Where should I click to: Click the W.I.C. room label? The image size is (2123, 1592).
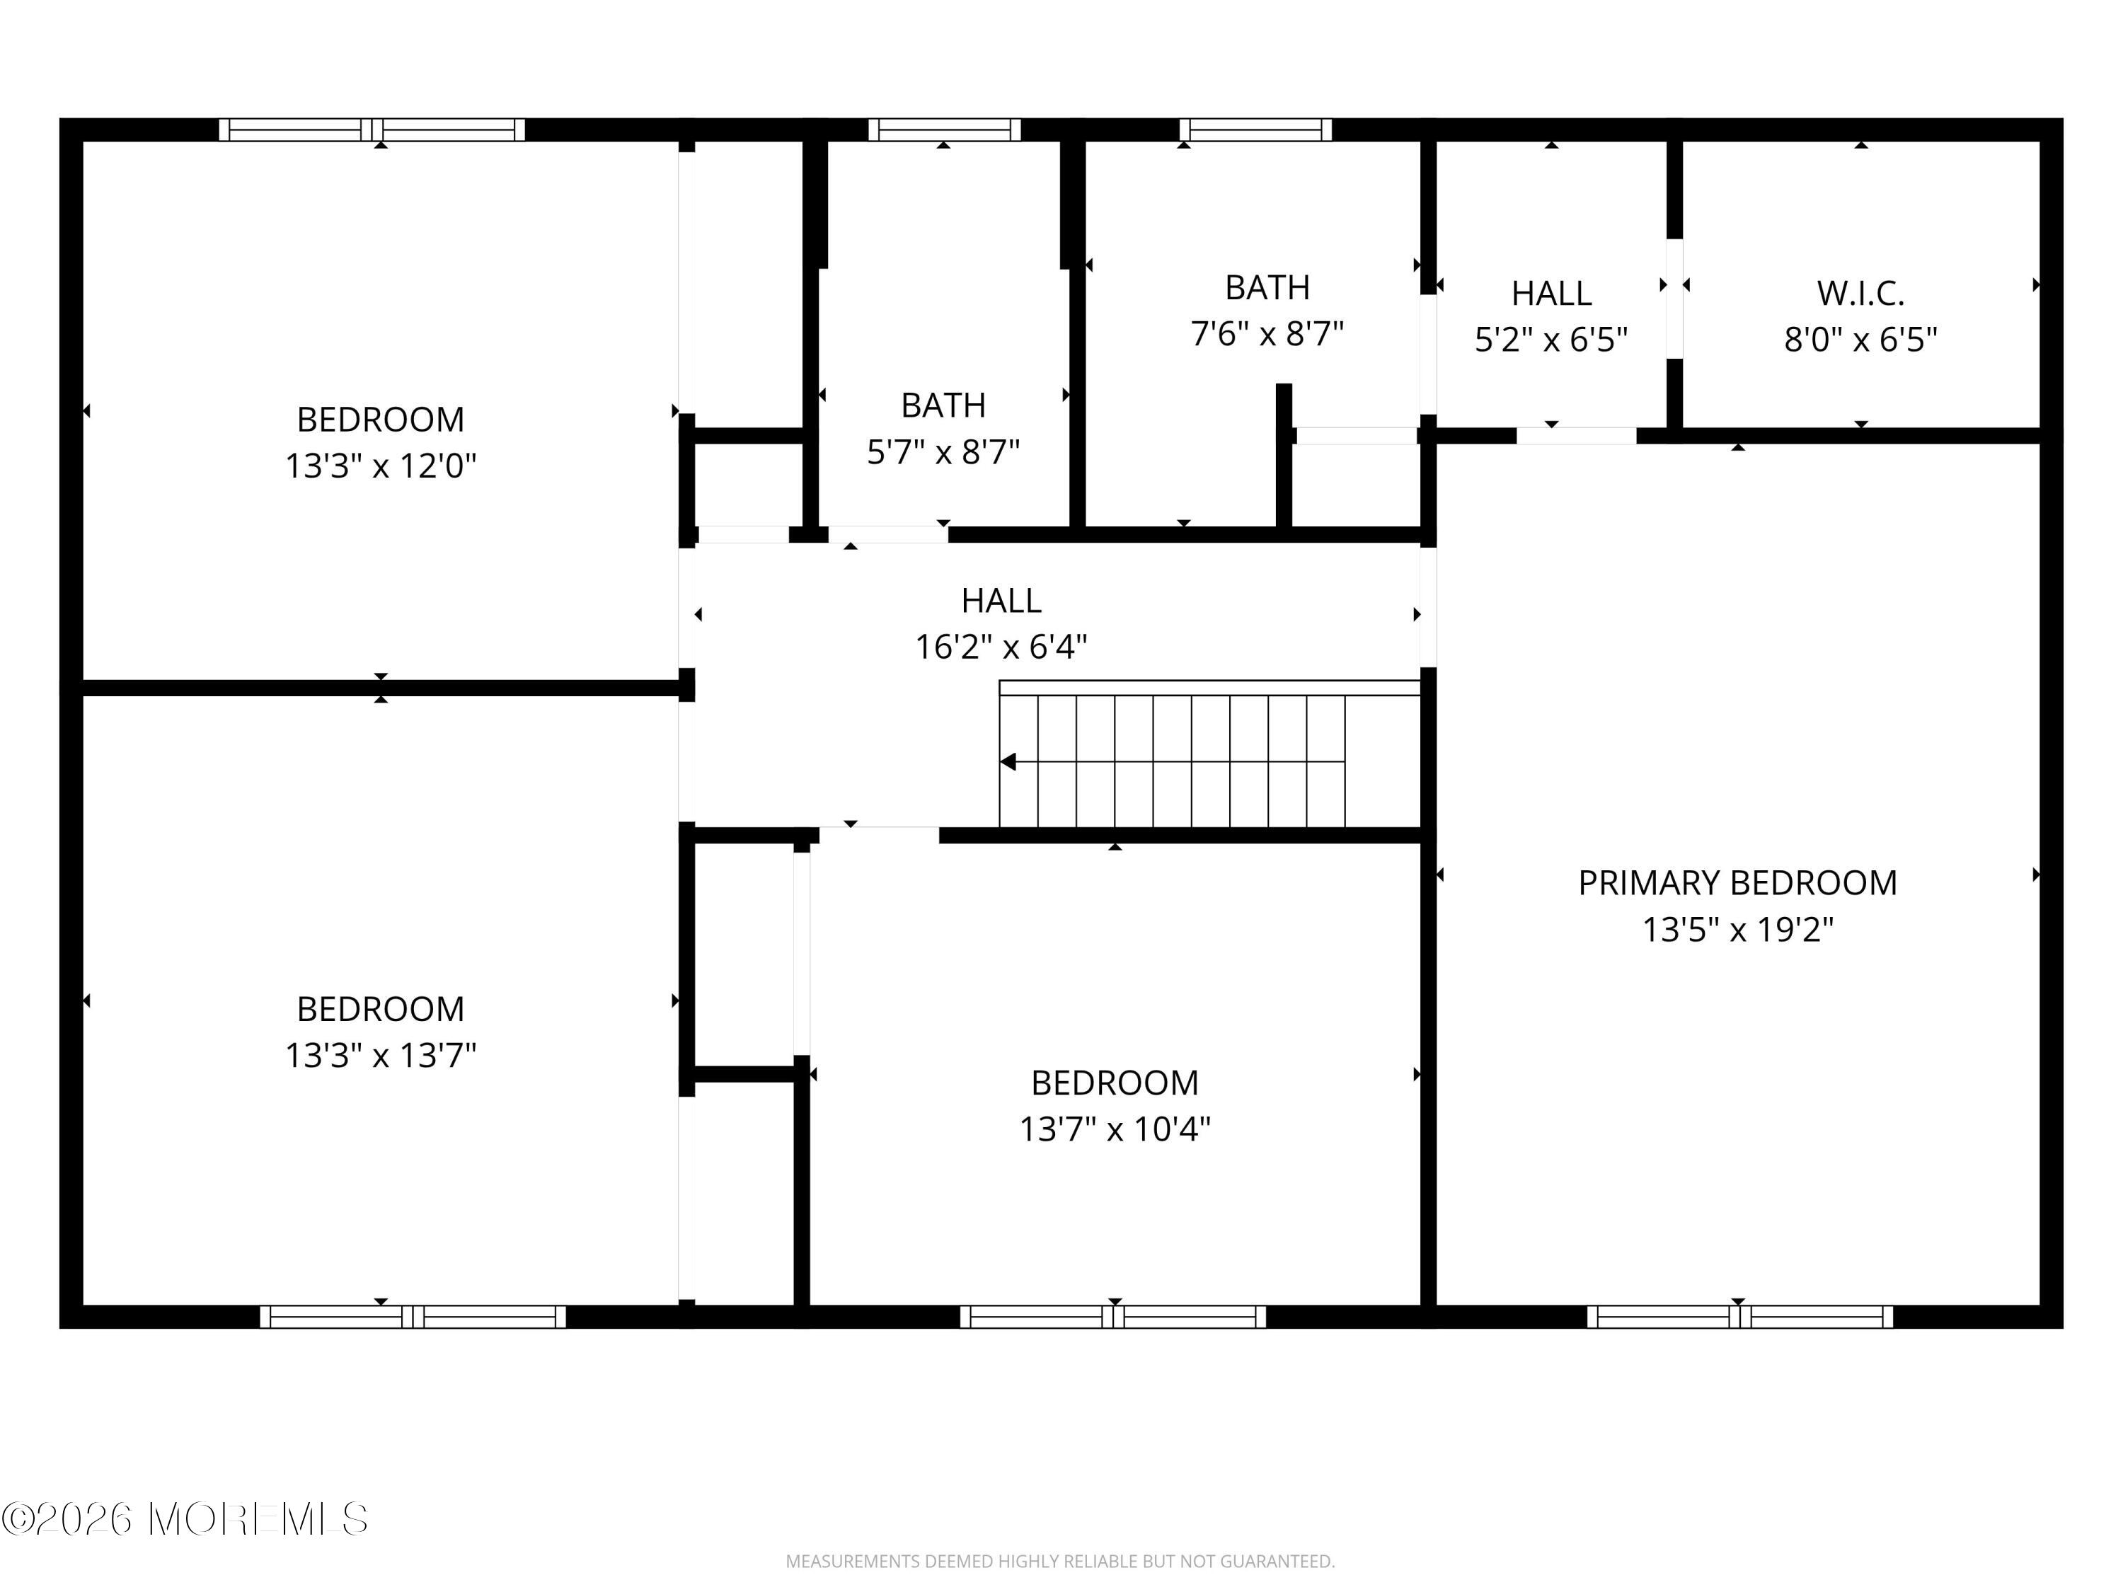pos(1860,294)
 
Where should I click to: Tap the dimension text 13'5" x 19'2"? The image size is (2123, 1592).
pos(1737,930)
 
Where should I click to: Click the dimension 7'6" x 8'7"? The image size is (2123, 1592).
pos(1267,334)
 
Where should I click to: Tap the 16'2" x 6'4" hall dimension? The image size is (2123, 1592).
pos(1001,647)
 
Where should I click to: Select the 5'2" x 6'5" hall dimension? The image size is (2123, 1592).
pos(1551,340)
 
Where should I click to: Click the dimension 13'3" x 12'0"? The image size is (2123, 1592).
pos(380,466)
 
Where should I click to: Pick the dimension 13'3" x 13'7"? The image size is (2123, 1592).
pos(380,1056)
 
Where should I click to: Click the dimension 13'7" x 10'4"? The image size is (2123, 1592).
pos(1115,1129)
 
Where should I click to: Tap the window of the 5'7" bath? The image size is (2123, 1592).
pos(945,129)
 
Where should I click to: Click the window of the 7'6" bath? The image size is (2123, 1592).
pos(1255,129)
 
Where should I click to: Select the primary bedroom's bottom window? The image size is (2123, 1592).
pos(1739,1317)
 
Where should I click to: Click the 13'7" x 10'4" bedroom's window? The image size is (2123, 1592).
pos(1112,1317)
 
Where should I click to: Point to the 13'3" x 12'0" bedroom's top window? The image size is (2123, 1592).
pos(372,129)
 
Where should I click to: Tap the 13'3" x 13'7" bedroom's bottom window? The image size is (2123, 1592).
pos(413,1317)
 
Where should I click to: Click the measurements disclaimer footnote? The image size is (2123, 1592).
pos(1059,1562)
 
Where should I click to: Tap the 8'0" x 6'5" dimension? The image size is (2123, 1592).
pos(1860,340)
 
